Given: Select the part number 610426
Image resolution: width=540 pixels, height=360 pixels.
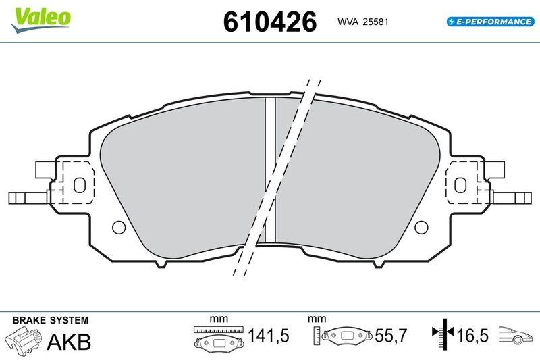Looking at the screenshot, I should pos(269,22).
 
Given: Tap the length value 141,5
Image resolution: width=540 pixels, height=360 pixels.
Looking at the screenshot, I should pos(269,336).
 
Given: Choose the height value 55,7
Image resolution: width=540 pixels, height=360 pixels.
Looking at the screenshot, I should pos(392,336).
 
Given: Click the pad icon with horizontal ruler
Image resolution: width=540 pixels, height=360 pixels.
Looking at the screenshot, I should pos(219,338).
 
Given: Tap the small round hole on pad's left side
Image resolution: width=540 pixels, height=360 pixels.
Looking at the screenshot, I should pos(119,226).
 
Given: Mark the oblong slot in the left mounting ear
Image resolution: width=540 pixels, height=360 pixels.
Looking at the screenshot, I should pos(78,184).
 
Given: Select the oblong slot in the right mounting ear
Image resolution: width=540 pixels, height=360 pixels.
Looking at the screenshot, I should pos(462,184).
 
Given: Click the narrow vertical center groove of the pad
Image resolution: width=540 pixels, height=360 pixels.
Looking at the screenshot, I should pos(270,169).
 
